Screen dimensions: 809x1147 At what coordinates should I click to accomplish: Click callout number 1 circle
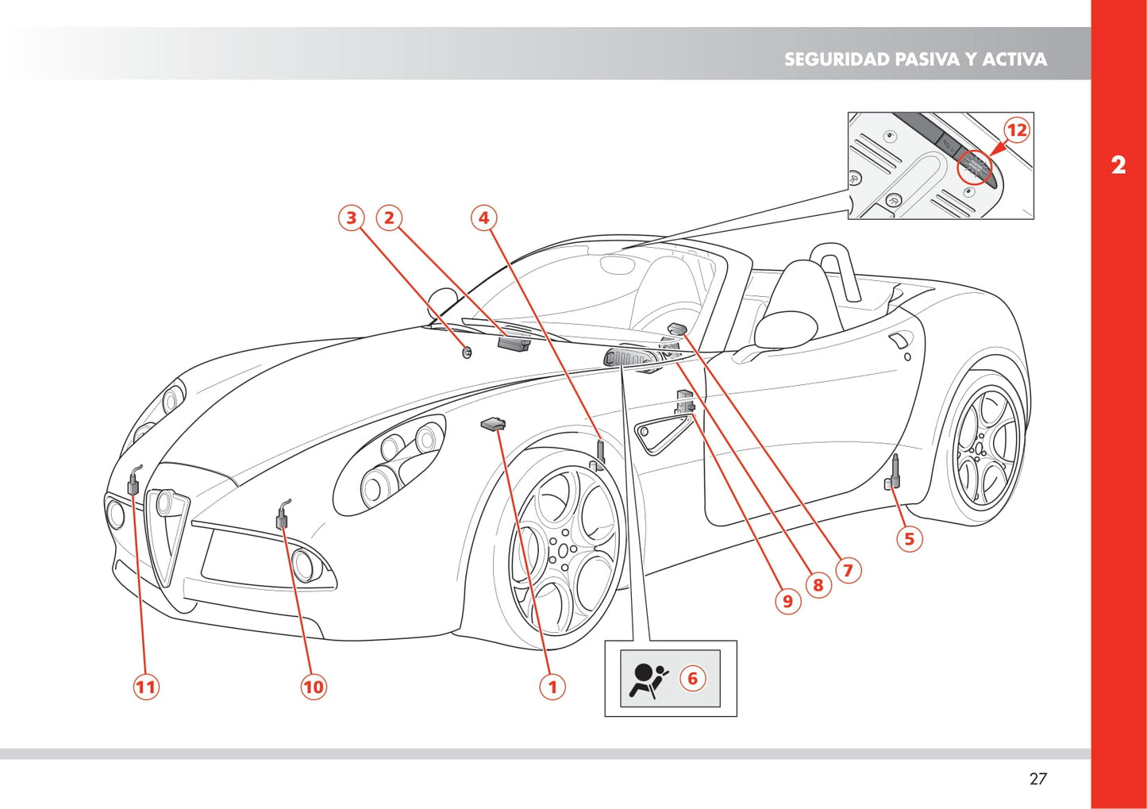(x=552, y=686)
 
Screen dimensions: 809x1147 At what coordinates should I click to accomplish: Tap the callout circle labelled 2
(x=389, y=218)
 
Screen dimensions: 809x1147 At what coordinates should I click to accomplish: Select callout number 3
(x=351, y=218)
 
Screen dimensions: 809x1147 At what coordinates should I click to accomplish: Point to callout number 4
(x=484, y=218)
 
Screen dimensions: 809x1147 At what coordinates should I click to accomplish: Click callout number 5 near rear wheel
(x=909, y=539)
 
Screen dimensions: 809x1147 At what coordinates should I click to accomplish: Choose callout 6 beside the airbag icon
(x=692, y=678)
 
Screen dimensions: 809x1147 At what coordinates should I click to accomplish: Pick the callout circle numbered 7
(x=848, y=570)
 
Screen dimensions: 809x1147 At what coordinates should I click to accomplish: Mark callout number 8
(x=818, y=585)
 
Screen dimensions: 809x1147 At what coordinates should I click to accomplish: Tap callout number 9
(x=787, y=601)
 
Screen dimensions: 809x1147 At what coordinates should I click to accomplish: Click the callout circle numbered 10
(x=314, y=686)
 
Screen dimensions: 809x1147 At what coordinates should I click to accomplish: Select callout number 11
(x=146, y=686)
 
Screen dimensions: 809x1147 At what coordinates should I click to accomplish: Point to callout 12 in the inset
(x=1016, y=130)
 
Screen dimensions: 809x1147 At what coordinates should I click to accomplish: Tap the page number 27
(x=1037, y=779)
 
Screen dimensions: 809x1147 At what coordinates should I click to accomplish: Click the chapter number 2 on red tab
(x=1118, y=165)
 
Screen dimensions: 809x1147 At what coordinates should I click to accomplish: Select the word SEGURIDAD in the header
(x=837, y=60)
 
